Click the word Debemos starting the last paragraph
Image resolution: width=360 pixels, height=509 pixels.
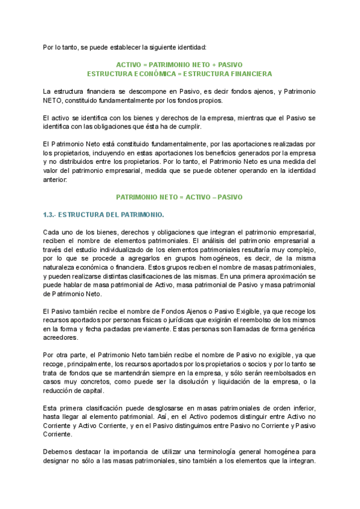click(x=59, y=452)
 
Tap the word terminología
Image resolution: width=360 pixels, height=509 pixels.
click(x=223, y=452)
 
